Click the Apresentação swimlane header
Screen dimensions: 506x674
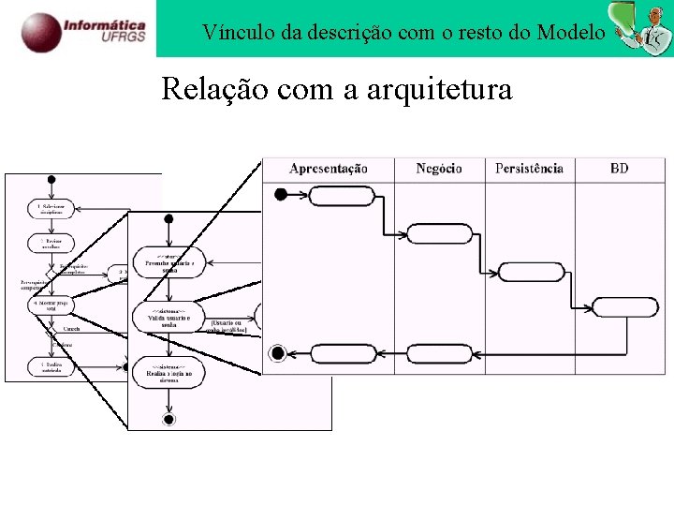coord(329,169)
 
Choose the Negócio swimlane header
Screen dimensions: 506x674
coord(439,169)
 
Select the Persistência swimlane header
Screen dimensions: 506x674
coord(529,169)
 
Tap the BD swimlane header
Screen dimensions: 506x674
coord(620,169)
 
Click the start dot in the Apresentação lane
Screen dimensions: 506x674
coord(279,195)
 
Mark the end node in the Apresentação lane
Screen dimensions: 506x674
coord(277,353)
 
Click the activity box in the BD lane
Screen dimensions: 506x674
coord(625,306)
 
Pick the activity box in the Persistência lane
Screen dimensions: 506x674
coord(530,272)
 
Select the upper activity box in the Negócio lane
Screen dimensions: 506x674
coord(440,233)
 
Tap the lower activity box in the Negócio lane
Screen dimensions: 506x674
coord(440,353)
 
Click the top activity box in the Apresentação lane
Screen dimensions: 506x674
coord(341,195)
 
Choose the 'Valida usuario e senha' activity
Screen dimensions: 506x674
coord(169,318)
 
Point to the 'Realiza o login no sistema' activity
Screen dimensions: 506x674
coord(169,372)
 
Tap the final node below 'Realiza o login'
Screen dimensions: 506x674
coord(168,419)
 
